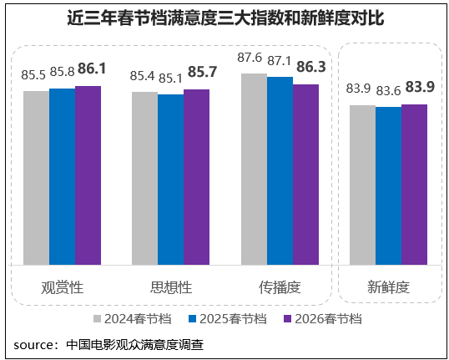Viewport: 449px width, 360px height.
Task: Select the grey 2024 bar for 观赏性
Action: pos(36,177)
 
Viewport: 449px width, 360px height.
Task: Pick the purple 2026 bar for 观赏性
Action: pos(88,175)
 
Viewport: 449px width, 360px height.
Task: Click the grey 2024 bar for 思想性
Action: pos(144,178)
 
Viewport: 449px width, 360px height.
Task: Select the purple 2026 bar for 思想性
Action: pos(196,176)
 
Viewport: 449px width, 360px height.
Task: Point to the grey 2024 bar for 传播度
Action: pos(254,169)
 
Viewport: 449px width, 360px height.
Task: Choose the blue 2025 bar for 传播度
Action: pos(280,170)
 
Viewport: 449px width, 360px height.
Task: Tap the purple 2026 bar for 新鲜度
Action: pos(414,184)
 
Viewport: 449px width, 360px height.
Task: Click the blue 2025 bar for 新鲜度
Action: pos(388,185)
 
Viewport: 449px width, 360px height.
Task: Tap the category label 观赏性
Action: pos(62,286)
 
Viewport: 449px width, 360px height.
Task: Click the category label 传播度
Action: pos(280,286)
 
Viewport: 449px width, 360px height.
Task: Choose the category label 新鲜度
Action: pos(388,286)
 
